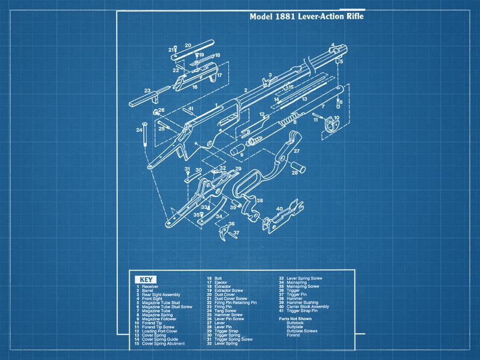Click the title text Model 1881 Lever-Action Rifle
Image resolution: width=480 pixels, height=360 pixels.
pos(306,17)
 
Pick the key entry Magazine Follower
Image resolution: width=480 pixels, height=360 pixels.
pos(159,319)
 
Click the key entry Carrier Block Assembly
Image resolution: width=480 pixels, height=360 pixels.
pos(307,307)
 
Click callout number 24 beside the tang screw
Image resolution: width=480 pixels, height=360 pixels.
pos(138,130)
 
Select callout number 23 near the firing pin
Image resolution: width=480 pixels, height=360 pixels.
pos(146,90)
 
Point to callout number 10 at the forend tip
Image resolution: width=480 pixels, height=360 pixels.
pos(336,118)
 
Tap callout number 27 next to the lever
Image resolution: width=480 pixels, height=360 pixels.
pos(296,152)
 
